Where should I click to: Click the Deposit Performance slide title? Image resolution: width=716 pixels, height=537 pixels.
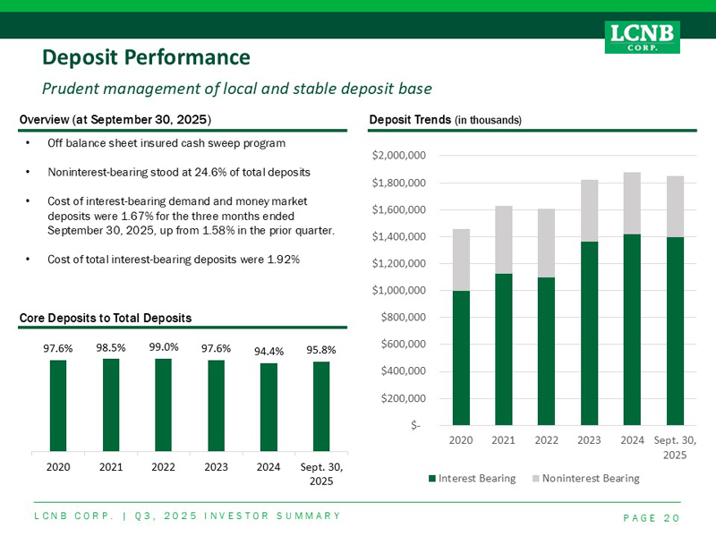(146, 58)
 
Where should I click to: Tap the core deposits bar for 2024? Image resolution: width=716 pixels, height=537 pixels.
(268, 406)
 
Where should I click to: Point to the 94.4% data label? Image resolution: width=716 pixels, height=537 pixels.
(268, 351)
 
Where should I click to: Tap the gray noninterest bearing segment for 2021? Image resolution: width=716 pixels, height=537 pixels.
(503, 240)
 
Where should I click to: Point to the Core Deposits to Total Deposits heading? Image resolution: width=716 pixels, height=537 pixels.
(105, 318)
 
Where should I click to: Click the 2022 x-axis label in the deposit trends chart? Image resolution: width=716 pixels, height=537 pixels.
(546, 439)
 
